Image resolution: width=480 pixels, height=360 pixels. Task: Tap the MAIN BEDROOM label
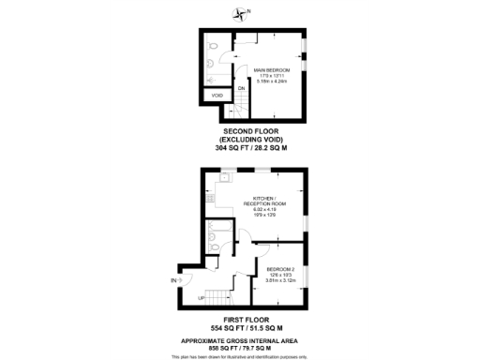[271, 70]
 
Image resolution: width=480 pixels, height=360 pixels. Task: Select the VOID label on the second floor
[217, 96]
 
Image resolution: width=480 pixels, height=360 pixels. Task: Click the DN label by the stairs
[241, 88]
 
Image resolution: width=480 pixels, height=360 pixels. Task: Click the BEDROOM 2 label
[281, 269]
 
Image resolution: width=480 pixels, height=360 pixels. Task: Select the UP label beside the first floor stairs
[202, 298]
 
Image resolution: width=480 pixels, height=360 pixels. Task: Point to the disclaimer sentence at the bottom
[240, 357]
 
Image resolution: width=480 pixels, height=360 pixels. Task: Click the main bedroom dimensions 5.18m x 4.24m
[271, 82]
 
